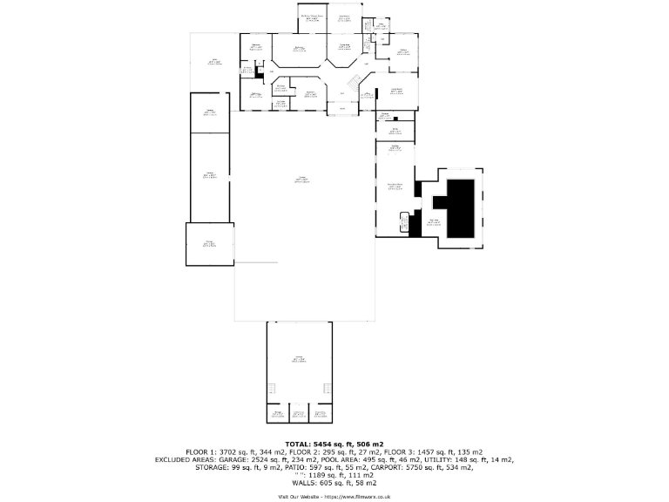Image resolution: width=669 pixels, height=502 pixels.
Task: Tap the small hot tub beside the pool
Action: tap(403, 222)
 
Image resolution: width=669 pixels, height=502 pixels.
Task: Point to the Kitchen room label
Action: tap(403, 51)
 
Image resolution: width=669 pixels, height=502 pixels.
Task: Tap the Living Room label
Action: tap(395, 91)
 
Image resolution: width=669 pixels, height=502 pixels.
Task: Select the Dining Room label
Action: tap(344, 46)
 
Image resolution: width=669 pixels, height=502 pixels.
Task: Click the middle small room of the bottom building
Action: tap(299, 414)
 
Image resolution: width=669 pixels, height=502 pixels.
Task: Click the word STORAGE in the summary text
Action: tap(212, 467)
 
